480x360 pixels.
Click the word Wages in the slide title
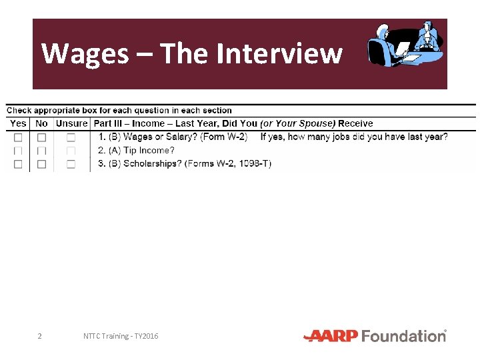click(85, 53)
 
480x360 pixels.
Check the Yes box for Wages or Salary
click(18, 137)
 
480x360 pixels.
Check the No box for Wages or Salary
click(41, 137)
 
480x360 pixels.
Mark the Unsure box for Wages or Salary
click(71, 137)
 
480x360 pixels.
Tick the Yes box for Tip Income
click(18, 151)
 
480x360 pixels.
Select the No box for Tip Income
click(41, 151)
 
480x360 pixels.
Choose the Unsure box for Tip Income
click(71, 151)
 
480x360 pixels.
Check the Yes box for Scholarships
click(18, 164)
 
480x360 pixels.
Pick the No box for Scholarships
click(41, 164)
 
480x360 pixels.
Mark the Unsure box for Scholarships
click(71, 164)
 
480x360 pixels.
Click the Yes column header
click(18, 123)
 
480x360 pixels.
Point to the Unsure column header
click(71, 123)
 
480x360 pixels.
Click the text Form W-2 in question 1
click(227, 137)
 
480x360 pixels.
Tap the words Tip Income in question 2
click(149, 151)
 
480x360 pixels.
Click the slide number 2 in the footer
click(39, 336)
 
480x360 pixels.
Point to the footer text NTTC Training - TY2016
click(121, 336)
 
